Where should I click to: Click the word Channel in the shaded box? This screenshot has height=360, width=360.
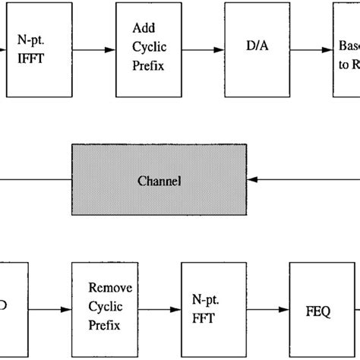[x=159, y=182]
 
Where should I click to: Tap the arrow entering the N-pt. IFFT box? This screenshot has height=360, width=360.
[x=4, y=49]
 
